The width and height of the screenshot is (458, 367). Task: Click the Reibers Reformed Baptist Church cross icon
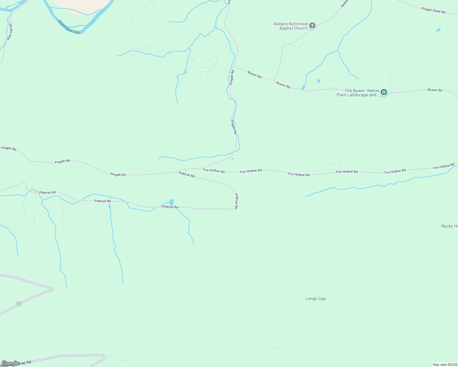point(312,26)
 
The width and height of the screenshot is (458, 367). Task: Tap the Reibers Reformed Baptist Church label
point(290,26)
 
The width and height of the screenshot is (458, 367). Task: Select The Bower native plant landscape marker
point(384,92)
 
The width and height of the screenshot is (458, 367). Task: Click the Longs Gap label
point(316,298)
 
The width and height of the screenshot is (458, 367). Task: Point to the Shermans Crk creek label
point(69,27)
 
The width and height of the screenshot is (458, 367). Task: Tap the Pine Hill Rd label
point(10,32)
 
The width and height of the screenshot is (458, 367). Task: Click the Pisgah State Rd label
point(433,10)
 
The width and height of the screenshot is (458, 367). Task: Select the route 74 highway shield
point(19,304)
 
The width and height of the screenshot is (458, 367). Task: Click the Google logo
point(10,363)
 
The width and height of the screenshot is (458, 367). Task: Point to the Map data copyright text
point(445,365)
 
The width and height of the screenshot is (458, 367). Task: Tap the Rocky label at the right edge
point(449,226)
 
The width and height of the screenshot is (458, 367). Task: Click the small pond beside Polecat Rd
point(171,202)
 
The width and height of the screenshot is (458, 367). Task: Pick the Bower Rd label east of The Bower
point(435,90)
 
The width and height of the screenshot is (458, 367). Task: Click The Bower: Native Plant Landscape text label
point(358,93)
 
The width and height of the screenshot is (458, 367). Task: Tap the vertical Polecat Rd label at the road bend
point(236,201)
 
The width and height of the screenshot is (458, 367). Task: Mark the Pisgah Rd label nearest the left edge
point(9,148)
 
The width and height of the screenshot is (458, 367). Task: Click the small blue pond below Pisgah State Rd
point(438,30)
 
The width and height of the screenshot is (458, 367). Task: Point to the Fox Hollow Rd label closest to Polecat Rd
point(214,171)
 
